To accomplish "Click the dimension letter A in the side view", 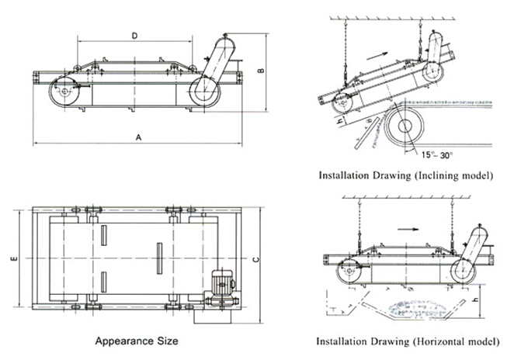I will tap(137, 137).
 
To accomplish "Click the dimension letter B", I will tap(262, 71).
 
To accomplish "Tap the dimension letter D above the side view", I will tap(134, 35).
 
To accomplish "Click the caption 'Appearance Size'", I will tap(136, 341).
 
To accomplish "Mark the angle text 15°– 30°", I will tap(438, 154).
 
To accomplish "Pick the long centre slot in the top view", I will tap(158, 259).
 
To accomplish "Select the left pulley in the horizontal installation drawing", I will tap(347, 271).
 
